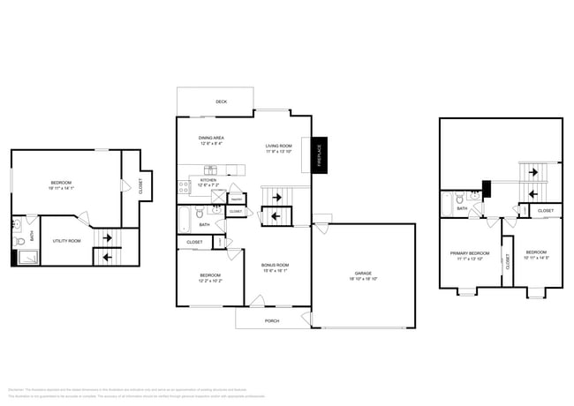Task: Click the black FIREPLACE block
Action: [x=319, y=154]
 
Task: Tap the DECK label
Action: [x=222, y=102]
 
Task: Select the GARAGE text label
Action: [x=362, y=273]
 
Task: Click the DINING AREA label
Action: [x=210, y=138]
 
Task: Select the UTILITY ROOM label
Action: [x=67, y=241]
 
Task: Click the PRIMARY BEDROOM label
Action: [x=468, y=253]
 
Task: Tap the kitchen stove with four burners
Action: [x=183, y=186]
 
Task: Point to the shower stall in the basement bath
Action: [x=27, y=258]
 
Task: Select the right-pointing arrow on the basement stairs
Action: [x=108, y=238]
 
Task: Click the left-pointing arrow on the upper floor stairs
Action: [x=532, y=194]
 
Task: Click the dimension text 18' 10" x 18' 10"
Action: [x=362, y=279]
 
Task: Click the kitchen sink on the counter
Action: [x=212, y=169]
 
